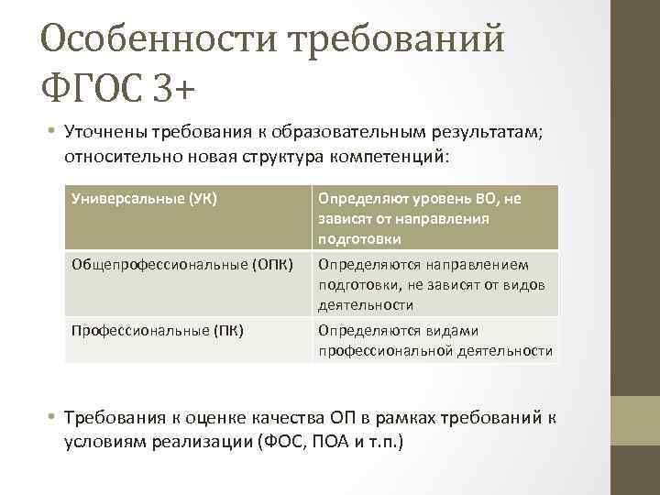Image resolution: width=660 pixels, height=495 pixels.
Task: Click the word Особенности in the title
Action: (161, 39)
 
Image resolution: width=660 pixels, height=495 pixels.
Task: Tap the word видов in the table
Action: (527, 285)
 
